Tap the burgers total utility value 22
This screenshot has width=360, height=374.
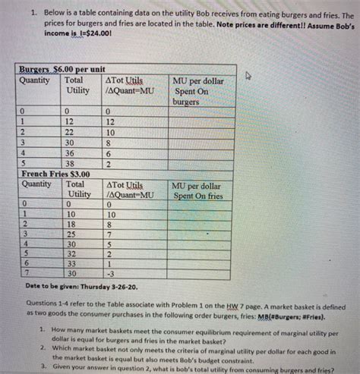[71, 130]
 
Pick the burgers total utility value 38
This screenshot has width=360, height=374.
[71, 162]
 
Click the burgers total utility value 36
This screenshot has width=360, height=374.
[71, 152]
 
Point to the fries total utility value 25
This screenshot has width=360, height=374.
[71, 234]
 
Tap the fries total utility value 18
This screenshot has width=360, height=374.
[71, 225]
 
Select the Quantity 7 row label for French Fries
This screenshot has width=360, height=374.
[26, 273]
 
